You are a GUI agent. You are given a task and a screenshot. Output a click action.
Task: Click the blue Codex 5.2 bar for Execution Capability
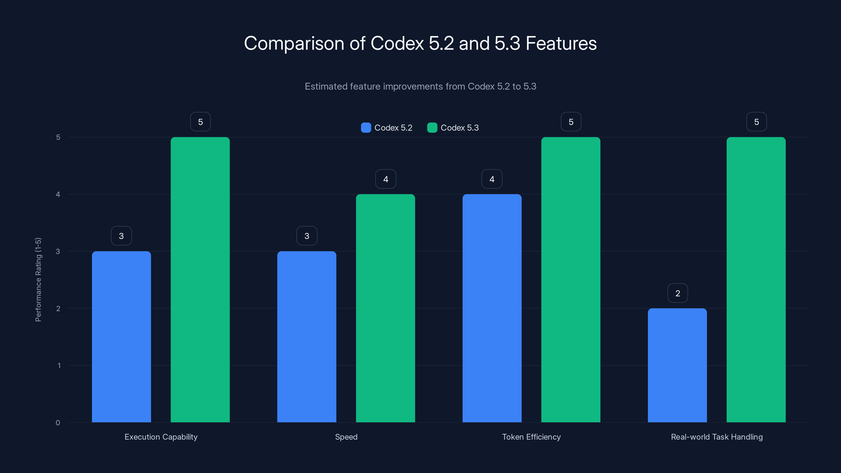(x=121, y=336)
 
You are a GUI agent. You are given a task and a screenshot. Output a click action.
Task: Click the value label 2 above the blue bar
(x=678, y=293)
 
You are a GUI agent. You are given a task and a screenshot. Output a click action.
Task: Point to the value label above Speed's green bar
(x=386, y=179)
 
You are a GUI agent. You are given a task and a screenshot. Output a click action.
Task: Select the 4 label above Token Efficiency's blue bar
(x=492, y=179)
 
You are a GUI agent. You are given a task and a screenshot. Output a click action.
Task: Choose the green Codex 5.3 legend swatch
(x=432, y=128)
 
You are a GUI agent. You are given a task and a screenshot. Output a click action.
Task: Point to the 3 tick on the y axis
(x=58, y=251)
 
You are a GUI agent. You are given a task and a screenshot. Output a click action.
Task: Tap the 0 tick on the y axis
(x=58, y=423)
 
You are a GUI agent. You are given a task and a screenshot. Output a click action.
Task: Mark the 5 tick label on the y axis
(x=58, y=137)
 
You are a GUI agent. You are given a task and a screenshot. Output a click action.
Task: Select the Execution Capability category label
(x=161, y=437)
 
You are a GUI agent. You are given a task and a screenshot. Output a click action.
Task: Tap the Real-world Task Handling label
(x=717, y=437)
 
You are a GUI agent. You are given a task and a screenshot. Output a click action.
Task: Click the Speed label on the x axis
(x=346, y=437)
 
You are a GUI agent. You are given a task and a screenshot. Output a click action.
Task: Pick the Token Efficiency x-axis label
(x=531, y=437)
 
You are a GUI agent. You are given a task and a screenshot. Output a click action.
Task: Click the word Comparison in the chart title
(x=294, y=43)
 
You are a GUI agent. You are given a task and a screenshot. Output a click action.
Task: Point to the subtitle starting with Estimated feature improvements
(x=420, y=86)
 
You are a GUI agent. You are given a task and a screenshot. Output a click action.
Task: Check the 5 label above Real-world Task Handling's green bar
(x=756, y=122)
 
